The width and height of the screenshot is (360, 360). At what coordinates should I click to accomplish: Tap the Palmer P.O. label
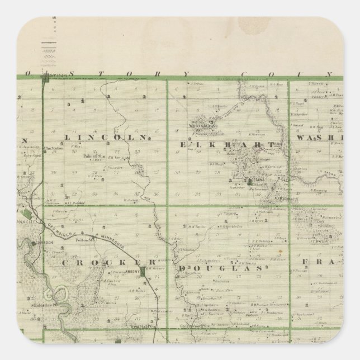(x=91, y=157)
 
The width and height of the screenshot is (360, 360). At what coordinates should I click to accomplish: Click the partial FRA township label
(x=319, y=261)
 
